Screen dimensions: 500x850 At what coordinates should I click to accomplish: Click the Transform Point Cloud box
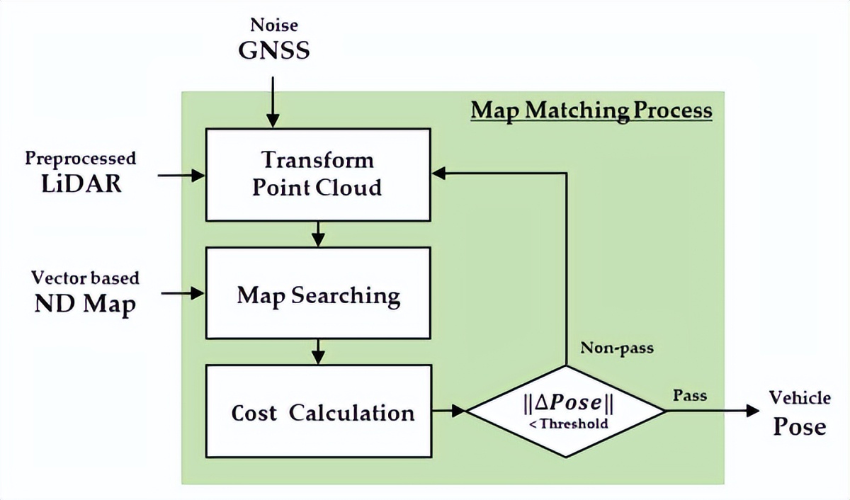317,174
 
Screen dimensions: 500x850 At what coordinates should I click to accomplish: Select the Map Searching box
317,292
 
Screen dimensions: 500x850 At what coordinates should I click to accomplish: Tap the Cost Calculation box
317,411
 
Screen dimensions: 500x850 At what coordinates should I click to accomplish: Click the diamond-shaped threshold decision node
566,411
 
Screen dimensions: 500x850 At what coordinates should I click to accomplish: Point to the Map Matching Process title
591,110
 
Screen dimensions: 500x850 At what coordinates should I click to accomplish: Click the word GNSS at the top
274,51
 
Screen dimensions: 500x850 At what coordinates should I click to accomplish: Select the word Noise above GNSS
274,26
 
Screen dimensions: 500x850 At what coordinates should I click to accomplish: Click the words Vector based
86,277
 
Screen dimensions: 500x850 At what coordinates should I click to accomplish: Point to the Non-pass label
617,348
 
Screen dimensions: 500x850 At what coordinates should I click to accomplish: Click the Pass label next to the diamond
689,394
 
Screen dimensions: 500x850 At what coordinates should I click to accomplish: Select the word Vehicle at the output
800,397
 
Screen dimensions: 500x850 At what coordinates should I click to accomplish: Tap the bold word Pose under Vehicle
799,426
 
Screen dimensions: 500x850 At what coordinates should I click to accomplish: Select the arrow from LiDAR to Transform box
180,174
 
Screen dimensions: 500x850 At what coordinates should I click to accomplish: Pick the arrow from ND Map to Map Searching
180,292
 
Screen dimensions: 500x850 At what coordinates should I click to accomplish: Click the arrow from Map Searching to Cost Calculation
318,350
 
